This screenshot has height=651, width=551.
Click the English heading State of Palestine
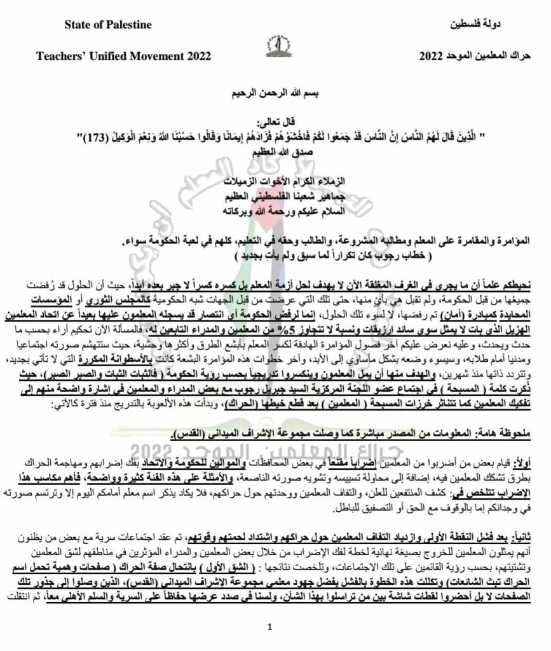108,25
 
